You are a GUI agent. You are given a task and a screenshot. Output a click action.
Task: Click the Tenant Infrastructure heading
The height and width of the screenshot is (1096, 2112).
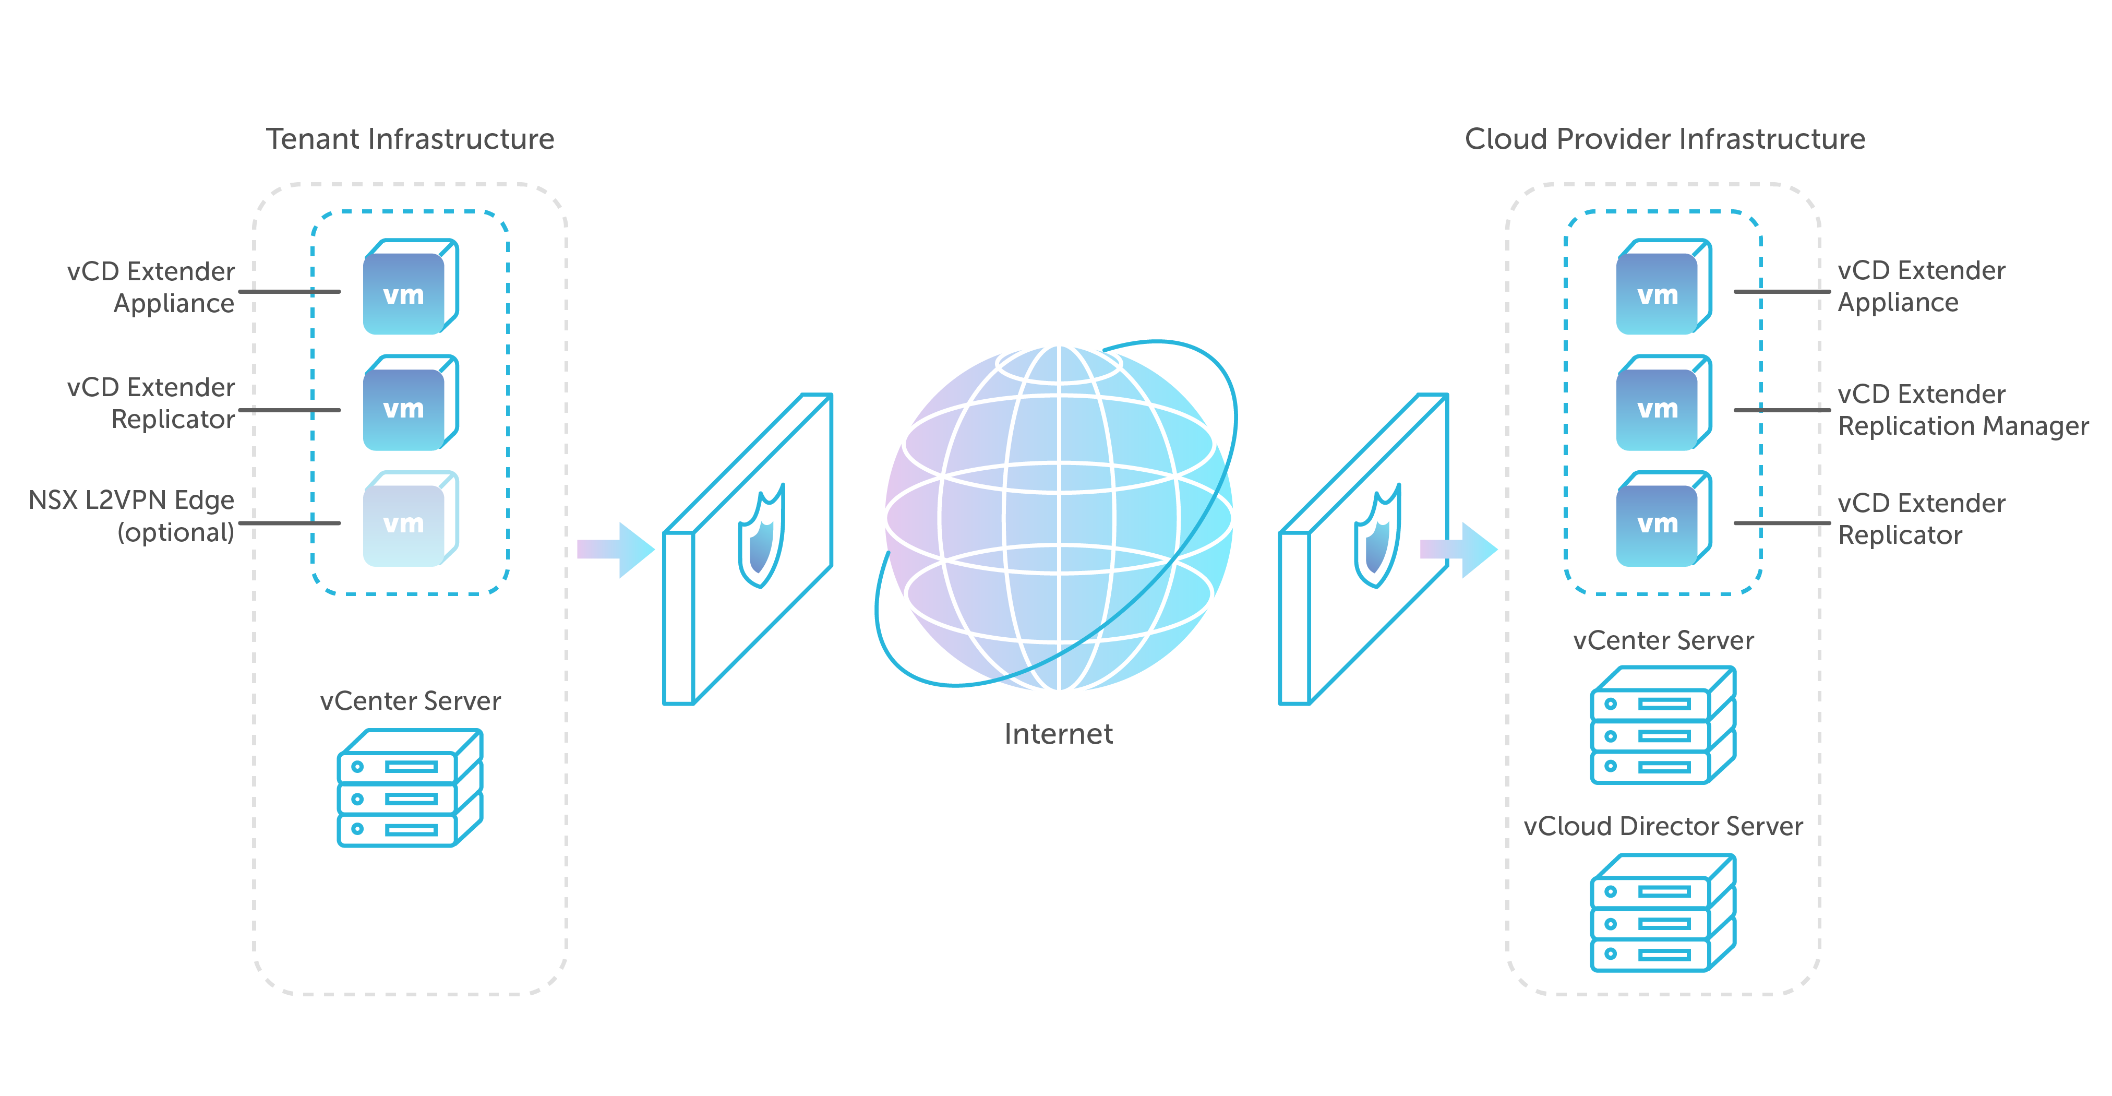410,139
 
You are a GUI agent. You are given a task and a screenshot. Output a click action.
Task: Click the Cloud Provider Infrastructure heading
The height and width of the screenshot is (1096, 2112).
1664,139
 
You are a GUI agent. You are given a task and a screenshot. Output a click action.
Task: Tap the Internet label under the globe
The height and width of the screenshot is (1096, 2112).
1058,733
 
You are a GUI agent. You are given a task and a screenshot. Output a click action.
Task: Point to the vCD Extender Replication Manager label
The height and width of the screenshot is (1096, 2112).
1962,410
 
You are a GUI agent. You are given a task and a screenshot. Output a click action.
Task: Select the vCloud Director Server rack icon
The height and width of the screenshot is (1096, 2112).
1662,913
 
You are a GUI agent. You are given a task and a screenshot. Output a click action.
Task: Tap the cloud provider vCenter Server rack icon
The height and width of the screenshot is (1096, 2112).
1662,725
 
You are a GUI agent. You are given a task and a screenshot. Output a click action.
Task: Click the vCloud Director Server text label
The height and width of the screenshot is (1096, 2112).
1663,826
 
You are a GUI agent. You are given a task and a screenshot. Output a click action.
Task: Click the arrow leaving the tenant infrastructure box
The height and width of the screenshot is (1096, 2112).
616,550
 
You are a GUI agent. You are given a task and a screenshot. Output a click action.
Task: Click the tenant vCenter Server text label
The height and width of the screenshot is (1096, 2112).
410,701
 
